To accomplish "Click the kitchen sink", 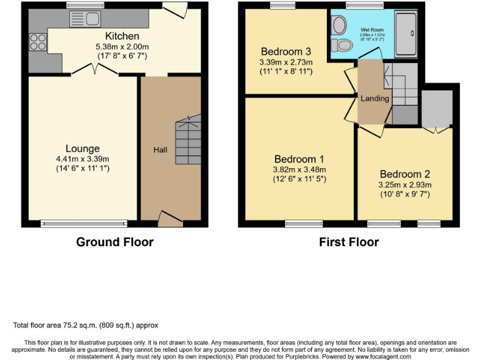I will tap(88, 19).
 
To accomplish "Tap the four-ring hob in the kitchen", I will tap(37, 42).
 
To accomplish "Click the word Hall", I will tap(160, 150).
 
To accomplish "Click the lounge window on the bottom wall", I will tap(84, 222).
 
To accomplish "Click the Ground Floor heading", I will tap(114, 242).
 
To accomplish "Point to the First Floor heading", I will tap(349, 242).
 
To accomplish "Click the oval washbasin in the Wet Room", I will tap(340, 26).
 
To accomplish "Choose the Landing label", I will tap(374, 98).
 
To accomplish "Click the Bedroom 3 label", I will tap(286, 51).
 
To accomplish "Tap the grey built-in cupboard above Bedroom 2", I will tap(437, 107).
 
